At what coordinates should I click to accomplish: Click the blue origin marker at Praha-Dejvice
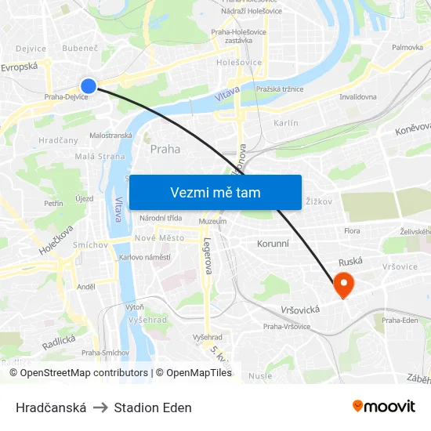point(89,85)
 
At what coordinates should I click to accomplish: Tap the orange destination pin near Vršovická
point(343,284)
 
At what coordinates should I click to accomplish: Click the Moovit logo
point(384,407)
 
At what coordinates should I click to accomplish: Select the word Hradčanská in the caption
point(51,407)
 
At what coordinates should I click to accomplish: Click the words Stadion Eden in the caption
point(153,407)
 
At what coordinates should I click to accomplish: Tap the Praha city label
point(165,149)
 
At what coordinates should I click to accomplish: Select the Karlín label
point(285,123)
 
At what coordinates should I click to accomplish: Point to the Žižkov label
point(320,201)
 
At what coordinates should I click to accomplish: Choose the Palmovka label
point(407,47)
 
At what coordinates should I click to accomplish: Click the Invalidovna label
point(357,97)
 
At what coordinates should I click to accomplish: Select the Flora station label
point(352,231)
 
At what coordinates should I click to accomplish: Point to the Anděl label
point(85,287)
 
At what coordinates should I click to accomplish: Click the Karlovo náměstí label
point(145,257)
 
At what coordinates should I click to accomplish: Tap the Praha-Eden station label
point(400,320)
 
